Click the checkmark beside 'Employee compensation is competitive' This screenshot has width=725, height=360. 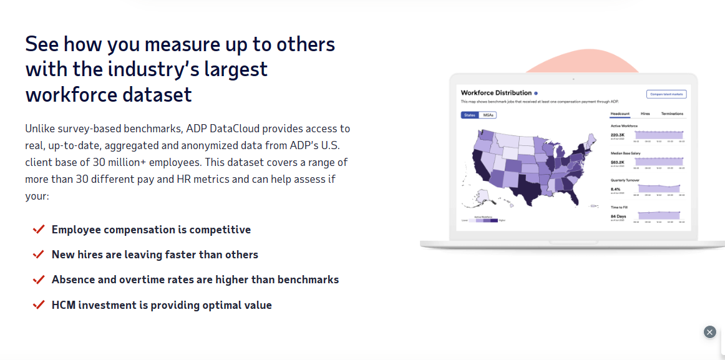[39, 230]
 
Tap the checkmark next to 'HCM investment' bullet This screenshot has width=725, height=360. [39, 305]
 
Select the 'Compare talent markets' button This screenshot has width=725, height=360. [666, 94]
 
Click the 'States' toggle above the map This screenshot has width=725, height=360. [469, 115]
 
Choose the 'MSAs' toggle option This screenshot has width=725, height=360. [489, 115]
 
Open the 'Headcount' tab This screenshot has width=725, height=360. [620, 114]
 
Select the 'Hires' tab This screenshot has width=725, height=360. [645, 114]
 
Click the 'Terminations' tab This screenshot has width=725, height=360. [672, 114]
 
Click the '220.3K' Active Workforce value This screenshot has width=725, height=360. [618, 134]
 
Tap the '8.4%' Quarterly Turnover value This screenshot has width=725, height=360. [615, 188]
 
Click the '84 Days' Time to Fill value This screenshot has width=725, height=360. [618, 216]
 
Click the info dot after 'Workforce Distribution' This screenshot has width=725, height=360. [535, 93]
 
